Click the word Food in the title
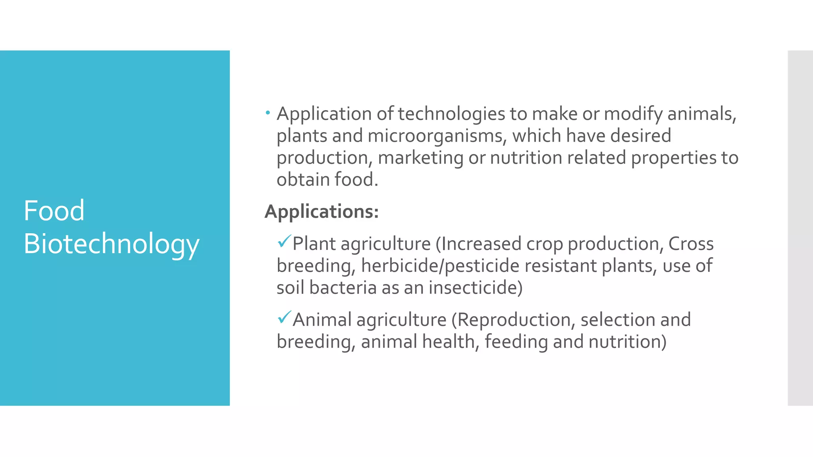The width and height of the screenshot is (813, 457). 54,211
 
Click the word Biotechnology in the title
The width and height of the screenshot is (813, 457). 111,244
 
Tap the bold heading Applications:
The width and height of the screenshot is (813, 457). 322,211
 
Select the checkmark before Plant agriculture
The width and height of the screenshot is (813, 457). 284,241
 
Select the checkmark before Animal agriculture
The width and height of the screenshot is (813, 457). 284,317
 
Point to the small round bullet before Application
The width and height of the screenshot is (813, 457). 268,113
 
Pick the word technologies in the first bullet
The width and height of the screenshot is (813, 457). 451,114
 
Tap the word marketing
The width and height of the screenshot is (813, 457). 420,158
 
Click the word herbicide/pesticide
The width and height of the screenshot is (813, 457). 440,266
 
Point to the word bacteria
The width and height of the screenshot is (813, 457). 343,288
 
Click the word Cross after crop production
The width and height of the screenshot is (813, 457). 691,244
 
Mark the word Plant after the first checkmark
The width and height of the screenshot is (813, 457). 314,244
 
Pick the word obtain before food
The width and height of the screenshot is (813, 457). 303,180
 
